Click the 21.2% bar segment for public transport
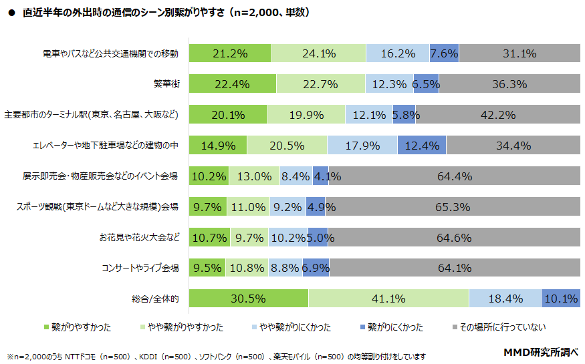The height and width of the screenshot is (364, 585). (x=230, y=53)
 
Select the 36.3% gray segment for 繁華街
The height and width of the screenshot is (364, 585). (x=509, y=84)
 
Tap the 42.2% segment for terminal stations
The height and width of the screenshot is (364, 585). (x=498, y=115)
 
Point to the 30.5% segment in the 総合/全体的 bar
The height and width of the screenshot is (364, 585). (x=248, y=299)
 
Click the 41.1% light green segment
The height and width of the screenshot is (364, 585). (x=388, y=299)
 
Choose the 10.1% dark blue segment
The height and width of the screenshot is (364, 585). (x=560, y=299)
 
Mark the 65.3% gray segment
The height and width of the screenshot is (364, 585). (x=453, y=207)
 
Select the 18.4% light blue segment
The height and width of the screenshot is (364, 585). (x=505, y=299)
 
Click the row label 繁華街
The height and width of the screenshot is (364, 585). (x=166, y=84)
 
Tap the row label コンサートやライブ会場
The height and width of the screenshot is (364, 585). (x=140, y=268)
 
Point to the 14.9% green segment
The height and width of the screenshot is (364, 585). (x=218, y=146)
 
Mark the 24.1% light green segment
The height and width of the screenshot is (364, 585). (x=319, y=53)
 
